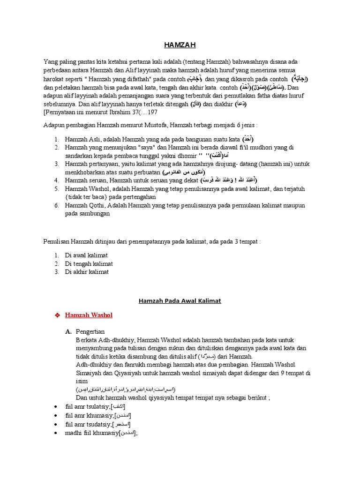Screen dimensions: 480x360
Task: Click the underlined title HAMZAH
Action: coord(180,45)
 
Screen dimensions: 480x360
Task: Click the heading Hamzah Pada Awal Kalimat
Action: coord(180,301)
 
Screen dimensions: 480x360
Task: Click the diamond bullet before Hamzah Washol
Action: coord(58,315)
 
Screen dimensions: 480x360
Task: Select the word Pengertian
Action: coord(90,331)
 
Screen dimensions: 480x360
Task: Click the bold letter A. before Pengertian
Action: coord(68,331)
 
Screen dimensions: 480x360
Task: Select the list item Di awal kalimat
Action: coord(86,255)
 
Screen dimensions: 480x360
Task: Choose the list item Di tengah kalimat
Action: coord(89,263)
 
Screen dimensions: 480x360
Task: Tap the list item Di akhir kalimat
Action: coord(87,272)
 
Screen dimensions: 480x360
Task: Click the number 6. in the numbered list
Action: coord(56,205)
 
